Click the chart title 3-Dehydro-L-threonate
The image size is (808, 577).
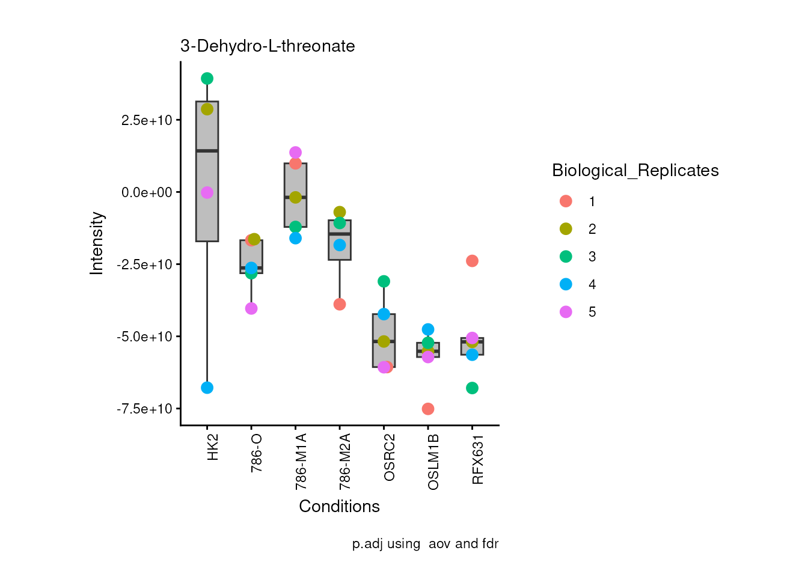click(x=268, y=46)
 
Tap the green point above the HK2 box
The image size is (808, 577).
click(x=207, y=78)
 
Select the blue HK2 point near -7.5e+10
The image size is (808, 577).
click(x=207, y=388)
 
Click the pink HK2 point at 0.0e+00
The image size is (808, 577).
click(x=207, y=192)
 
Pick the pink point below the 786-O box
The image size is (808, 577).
click(x=251, y=308)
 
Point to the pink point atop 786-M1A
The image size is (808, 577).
click(x=295, y=153)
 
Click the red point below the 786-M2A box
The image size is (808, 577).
click(x=340, y=304)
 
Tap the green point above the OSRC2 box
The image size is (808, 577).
click(x=384, y=281)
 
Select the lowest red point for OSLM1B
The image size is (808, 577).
click(x=428, y=409)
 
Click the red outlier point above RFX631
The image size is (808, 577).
click(x=472, y=261)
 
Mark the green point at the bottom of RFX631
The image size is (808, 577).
click(x=472, y=388)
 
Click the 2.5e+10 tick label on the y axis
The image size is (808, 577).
click(x=147, y=120)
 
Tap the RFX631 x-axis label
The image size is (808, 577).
click(x=478, y=460)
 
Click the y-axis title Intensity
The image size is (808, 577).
click(x=97, y=243)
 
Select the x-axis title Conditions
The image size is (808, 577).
click(x=339, y=507)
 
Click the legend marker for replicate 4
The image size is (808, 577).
click(x=566, y=284)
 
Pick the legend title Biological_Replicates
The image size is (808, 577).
click(x=635, y=171)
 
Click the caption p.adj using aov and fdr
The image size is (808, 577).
click(x=425, y=544)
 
